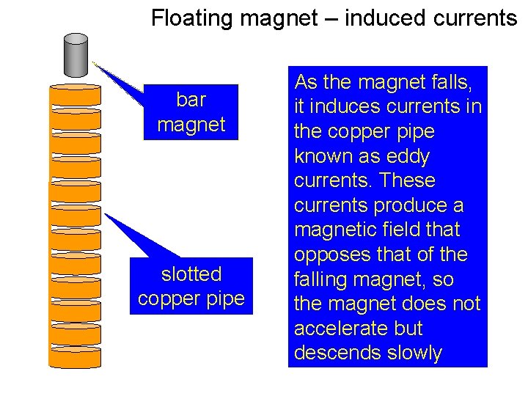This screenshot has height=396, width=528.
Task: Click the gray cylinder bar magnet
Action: click(76, 56)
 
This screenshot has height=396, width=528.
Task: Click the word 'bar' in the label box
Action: click(191, 99)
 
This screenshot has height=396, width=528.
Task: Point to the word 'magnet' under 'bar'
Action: click(191, 124)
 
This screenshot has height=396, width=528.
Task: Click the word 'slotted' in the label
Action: click(191, 274)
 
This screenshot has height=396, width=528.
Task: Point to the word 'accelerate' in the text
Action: click(340, 328)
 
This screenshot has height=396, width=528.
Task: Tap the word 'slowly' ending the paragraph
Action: click(418, 353)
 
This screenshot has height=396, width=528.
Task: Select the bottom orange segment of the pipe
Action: click(75, 357)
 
